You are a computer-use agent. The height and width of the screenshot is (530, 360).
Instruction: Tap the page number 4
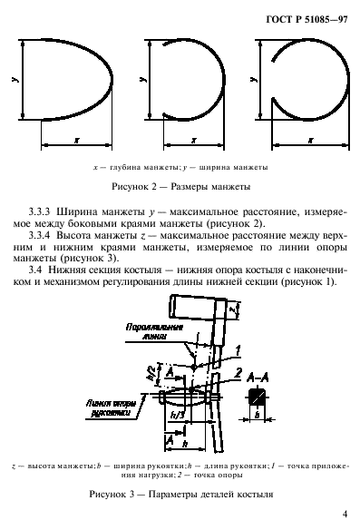coord(345,513)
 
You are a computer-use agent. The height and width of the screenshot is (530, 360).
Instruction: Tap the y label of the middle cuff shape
coord(136,81)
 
